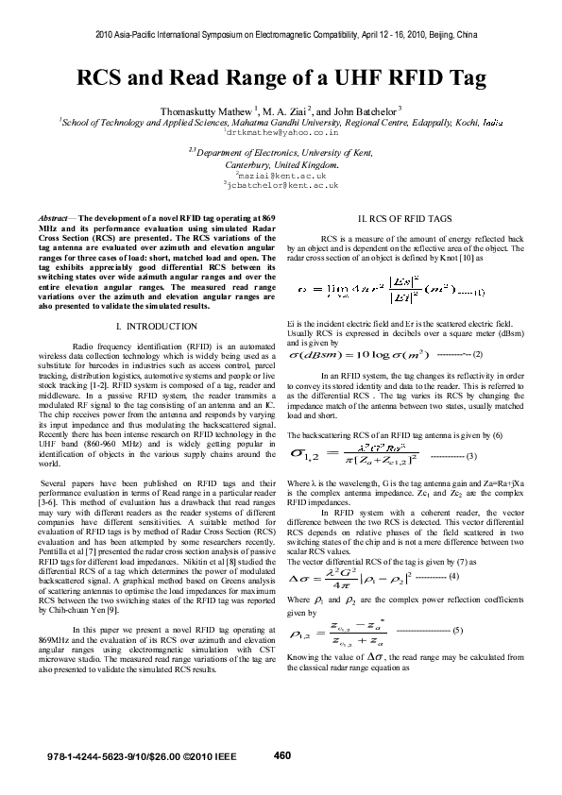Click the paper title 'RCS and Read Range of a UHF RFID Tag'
281,78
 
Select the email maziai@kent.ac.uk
281,175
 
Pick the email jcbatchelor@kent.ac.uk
281,185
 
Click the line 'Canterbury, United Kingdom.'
281,163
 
